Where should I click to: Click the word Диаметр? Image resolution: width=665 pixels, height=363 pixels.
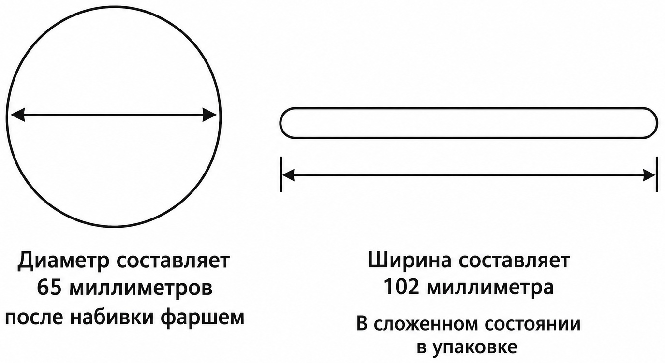(63, 261)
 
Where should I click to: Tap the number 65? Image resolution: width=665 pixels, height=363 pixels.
(49, 288)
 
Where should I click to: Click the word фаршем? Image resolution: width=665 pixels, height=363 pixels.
(203, 318)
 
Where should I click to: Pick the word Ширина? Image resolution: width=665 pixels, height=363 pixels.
(410, 261)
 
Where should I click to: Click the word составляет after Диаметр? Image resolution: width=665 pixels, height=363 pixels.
(173, 261)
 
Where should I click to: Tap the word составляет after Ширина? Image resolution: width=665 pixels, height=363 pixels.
(514, 261)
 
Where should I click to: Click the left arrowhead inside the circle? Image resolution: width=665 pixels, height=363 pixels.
(18, 115)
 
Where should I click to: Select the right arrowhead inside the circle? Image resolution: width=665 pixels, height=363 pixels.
(209, 115)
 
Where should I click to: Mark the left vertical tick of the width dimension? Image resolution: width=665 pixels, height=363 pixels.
(281, 174)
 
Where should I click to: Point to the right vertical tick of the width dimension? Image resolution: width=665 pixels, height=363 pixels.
(657, 174)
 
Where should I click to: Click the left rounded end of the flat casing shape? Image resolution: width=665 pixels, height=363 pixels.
(280, 123)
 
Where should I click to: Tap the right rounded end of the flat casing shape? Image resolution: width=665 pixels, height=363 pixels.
(657, 123)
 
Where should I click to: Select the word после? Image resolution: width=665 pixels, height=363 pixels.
(34, 317)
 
